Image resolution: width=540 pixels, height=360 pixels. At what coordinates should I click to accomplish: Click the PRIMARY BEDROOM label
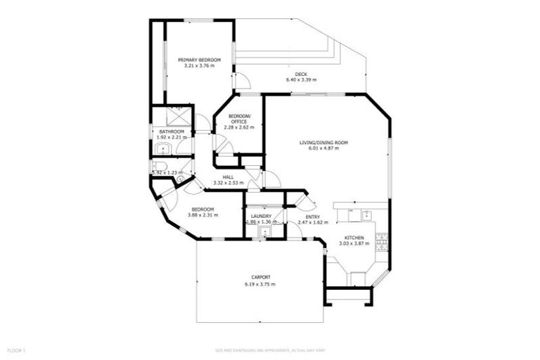(199, 60)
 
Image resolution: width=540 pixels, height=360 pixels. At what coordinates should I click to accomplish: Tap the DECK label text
(301, 74)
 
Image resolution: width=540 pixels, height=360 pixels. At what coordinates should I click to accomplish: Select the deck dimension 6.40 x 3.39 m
(301, 80)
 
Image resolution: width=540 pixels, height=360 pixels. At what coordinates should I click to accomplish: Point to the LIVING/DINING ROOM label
(324, 143)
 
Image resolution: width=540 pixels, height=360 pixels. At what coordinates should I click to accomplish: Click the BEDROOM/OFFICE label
(239, 119)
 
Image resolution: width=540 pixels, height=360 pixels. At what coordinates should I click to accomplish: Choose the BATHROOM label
(172, 131)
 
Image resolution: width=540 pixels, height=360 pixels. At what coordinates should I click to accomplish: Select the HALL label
(228, 177)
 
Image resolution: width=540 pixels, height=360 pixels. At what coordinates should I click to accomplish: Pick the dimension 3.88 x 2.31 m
(203, 215)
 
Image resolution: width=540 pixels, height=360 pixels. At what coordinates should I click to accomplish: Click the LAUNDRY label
(261, 217)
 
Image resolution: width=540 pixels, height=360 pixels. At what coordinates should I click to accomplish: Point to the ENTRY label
(313, 217)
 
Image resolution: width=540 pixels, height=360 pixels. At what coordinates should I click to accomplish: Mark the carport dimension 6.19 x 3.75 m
(260, 284)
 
